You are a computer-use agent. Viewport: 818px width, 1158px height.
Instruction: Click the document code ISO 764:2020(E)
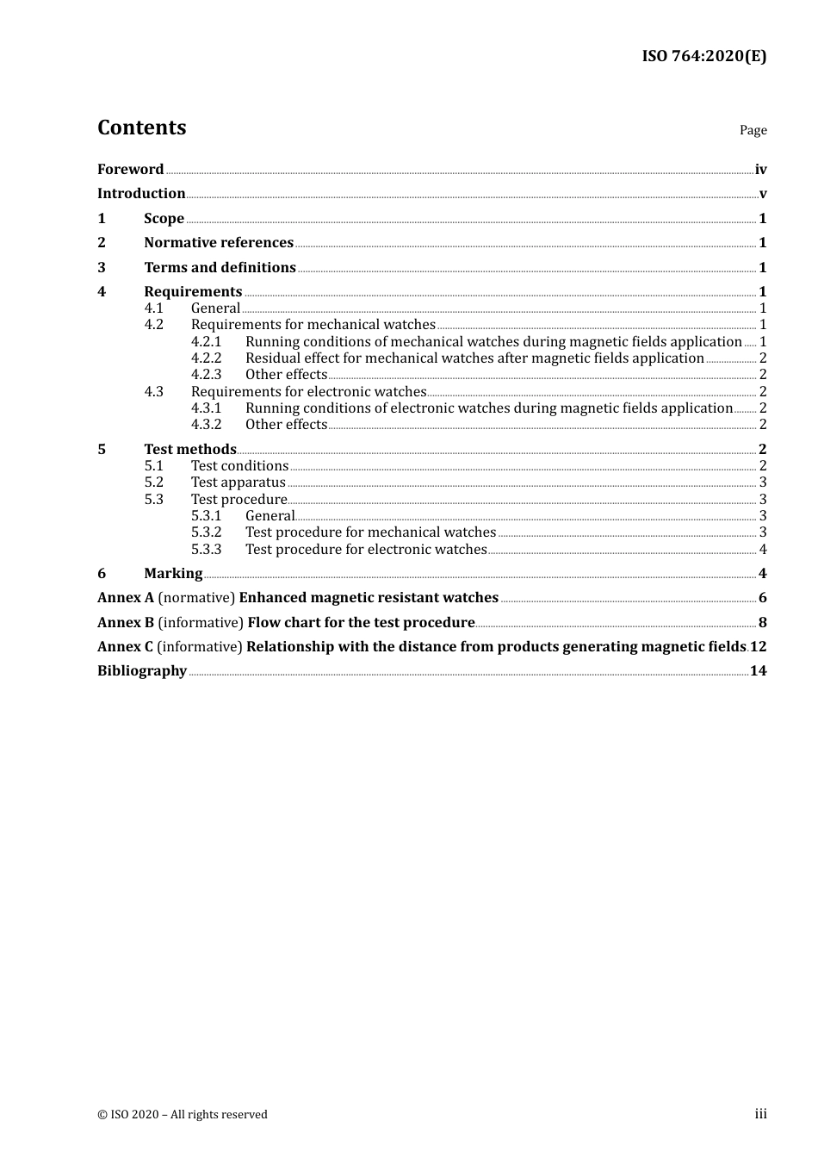click(703, 56)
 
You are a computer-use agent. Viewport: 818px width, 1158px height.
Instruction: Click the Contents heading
click(141, 128)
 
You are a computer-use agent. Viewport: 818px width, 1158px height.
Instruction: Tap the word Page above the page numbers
click(753, 130)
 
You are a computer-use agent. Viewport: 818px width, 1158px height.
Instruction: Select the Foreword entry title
click(130, 169)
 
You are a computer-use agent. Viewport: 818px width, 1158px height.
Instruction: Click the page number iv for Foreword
click(760, 170)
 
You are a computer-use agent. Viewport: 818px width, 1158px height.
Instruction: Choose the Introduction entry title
click(141, 194)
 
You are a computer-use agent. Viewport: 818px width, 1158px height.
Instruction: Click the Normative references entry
click(218, 243)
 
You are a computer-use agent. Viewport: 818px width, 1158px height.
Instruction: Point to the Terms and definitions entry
click(220, 267)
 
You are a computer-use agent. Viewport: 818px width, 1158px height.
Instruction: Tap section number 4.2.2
click(206, 358)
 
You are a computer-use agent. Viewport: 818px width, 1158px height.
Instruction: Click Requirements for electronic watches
click(308, 392)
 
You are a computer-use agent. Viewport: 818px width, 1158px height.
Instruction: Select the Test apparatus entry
click(238, 482)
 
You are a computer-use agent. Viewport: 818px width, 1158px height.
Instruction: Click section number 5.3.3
click(206, 550)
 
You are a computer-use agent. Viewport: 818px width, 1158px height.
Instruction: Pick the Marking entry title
click(173, 574)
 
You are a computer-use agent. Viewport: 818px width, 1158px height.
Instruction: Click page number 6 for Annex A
click(762, 598)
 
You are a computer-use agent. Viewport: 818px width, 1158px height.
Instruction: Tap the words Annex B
click(126, 622)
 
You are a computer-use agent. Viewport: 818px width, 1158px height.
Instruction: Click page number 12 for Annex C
click(758, 646)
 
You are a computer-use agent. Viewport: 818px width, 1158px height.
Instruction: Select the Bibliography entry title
click(142, 671)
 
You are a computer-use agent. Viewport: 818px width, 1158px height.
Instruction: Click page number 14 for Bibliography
click(758, 671)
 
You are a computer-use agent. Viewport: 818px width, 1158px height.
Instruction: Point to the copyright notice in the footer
click(183, 1114)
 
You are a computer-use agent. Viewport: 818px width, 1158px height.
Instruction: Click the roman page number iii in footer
click(760, 1114)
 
